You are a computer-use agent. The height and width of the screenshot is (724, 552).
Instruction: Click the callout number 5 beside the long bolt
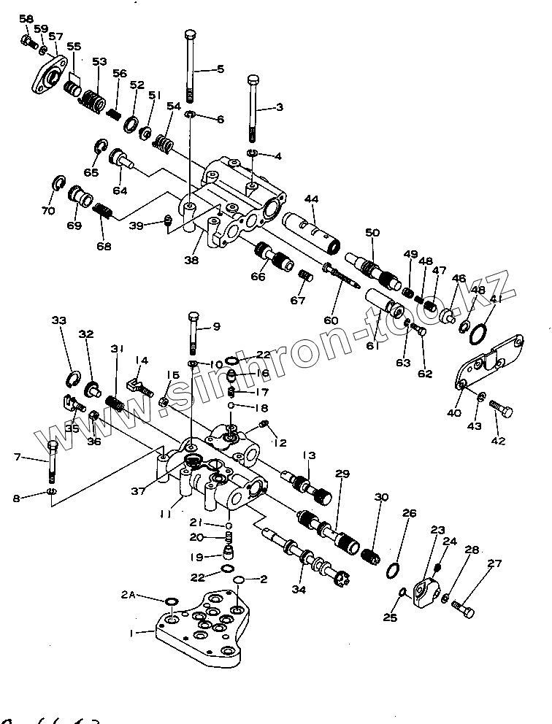pyautogui.click(x=221, y=69)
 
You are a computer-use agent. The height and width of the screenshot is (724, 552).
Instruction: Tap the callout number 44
pyautogui.click(x=312, y=199)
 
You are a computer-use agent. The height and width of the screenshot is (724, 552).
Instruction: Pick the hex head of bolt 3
pyautogui.click(x=253, y=80)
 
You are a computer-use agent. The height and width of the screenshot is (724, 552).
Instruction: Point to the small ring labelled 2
pyautogui.click(x=238, y=579)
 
